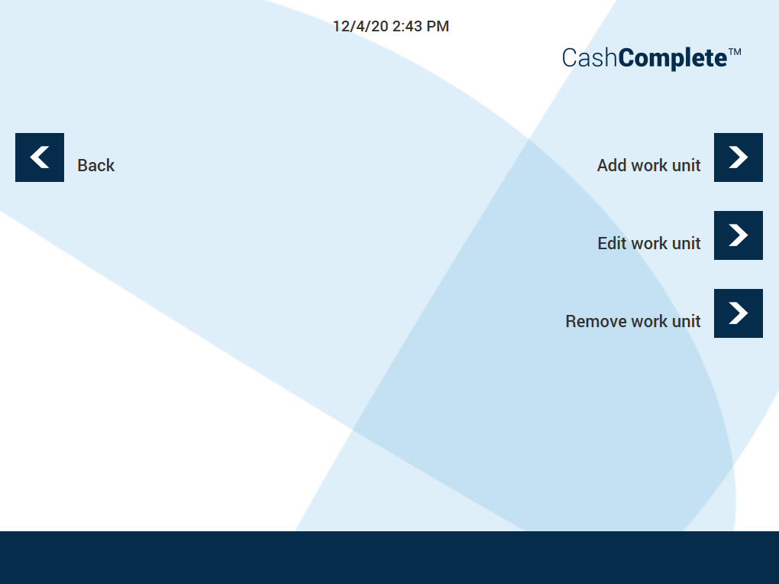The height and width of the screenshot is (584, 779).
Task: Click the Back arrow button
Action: click(40, 157)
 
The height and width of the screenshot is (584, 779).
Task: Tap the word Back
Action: click(96, 165)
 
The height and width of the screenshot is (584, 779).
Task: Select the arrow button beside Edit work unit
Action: click(739, 235)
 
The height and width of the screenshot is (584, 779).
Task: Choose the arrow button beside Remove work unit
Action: click(739, 313)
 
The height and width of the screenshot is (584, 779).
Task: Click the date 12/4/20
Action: click(360, 26)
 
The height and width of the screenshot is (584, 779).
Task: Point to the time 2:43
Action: click(407, 26)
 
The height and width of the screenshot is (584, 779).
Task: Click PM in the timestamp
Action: click(437, 26)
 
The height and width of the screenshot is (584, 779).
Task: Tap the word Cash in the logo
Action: click(590, 57)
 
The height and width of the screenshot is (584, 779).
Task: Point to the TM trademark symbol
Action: click(735, 52)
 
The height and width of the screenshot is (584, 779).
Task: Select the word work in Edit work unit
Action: click(649, 243)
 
